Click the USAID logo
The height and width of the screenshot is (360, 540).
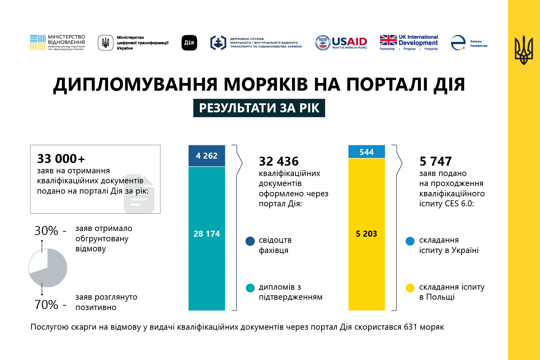point(341,43)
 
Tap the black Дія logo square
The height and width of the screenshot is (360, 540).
point(189,43)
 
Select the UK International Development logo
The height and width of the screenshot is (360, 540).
point(409,43)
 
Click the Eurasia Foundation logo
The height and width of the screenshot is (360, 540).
point(468,43)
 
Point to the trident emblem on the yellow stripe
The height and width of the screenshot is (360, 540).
point(523,50)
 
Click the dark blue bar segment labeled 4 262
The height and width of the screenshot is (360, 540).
point(207,156)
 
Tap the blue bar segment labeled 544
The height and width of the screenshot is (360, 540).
point(366,152)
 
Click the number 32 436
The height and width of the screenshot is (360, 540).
point(279,161)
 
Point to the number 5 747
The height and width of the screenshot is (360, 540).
point(435,161)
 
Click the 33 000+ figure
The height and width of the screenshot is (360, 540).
point(61,159)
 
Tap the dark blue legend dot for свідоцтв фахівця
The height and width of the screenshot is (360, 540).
point(250,241)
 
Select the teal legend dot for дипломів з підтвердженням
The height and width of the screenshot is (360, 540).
point(250,288)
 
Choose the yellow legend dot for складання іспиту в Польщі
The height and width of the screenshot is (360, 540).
point(410,288)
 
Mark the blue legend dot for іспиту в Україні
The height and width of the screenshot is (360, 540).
point(410,241)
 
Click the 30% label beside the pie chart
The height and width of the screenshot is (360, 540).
point(46,231)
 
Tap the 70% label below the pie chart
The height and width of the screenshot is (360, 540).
point(46,305)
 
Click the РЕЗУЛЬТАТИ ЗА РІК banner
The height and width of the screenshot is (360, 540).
point(259,108)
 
